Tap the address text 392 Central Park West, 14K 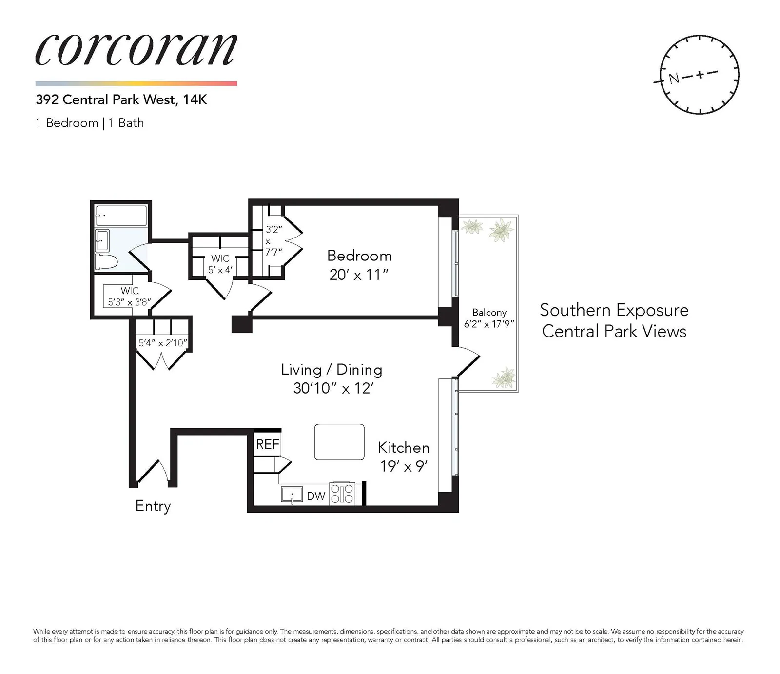pos(121,100)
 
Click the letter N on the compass pos(674,78)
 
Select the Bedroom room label pos(359,256)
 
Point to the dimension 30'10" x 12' pos(333,388)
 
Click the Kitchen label pos(403,448)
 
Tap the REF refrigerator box pos(267,444)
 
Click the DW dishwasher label pos(315,496)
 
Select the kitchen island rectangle pos(339,442)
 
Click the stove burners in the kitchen pos(342,494)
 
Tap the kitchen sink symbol pos(292,495)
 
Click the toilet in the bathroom pos(106,261)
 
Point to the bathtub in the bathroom pos(121,215)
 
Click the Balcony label pos(489,313)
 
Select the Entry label pos(153,506)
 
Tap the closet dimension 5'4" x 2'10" pos(163,343)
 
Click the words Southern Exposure pos(614,310)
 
